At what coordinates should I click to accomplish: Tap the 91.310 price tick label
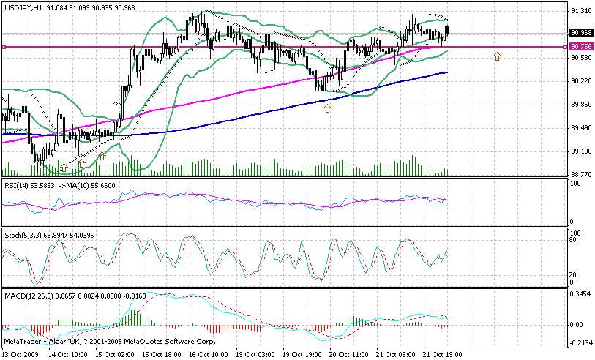582,11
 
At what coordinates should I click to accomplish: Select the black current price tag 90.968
582,32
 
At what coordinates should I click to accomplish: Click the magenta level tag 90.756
582,47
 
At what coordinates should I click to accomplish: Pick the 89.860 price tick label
582,105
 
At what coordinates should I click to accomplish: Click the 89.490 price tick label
582,128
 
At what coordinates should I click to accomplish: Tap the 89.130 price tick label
582,151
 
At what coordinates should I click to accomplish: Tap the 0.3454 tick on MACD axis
582,293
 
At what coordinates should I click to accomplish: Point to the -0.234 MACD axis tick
582,342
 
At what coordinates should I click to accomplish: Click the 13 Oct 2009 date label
20,354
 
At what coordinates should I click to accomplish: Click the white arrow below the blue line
327,108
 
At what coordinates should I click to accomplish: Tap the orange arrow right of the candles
497,56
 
